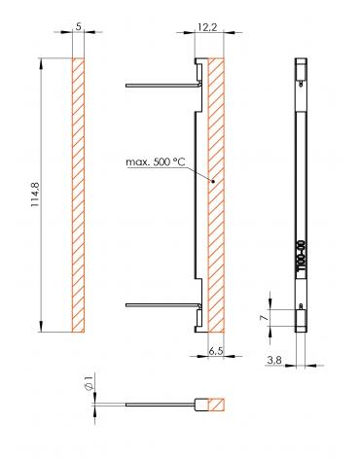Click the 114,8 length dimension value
pyautogui.click(x=35, y=194)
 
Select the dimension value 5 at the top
pyautogui.click(x=78, y=27)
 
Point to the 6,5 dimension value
pyautogui.click(x=216, y=351)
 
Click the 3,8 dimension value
pyautogui.click(x=274, y=360)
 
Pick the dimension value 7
pyautogui.click(x=265, y=318)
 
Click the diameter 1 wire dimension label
pyautogui.click(x=89, y=382)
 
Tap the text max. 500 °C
pyautogui.click(x=156, y=162)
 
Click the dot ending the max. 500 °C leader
pyautogui.click(x=213, y=182)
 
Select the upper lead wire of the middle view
pyautogui.click(x=163, y=86)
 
